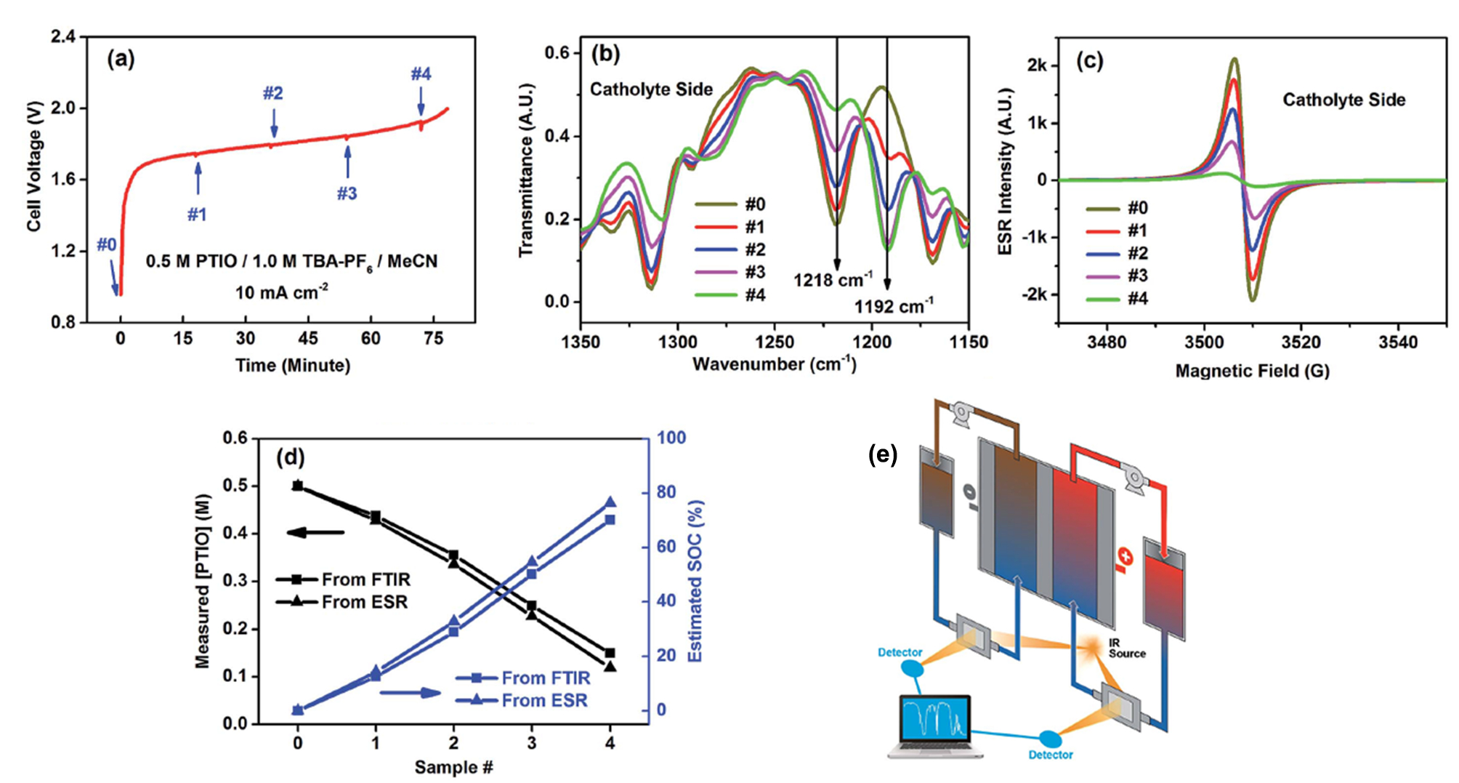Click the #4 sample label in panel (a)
(x=421, y=74)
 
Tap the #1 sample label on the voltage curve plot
(x=197, y=214)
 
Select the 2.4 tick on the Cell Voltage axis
(x=63, y=36)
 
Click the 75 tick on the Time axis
(x=433, y=339)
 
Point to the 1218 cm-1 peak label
(x=833, y=279)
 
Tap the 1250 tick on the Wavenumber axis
(x=775, y=342)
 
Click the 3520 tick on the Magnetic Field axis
(x=1301, y=342)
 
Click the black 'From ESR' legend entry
(x=342, y=602)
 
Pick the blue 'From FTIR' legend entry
(x=523, y=678)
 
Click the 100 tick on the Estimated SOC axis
(x=671, y=438)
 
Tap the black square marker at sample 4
(x=610, y=653)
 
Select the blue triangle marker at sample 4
(x=610, y=502)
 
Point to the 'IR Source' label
(x=1125, y=649)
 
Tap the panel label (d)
(x=291, y=457)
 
